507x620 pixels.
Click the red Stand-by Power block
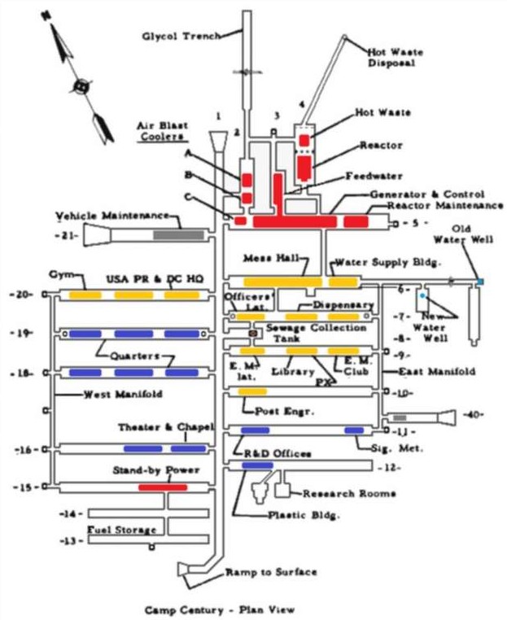coord(162,487)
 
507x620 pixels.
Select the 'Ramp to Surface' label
coord(271,572)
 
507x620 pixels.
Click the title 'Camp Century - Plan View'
coord(220,609)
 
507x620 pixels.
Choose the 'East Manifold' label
coord(435,371)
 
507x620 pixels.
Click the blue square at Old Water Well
coord(480,282)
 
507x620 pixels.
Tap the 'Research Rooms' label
coord(349,493)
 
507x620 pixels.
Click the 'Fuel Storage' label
coord(122,530)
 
